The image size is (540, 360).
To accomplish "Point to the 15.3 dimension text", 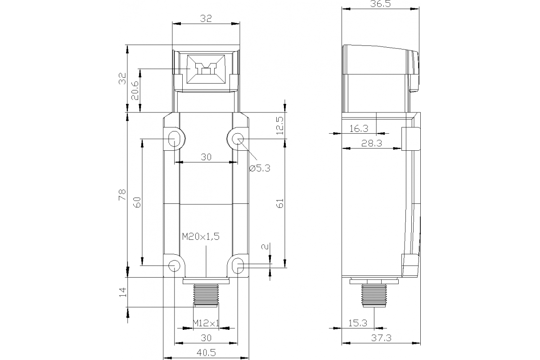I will pos(358,323).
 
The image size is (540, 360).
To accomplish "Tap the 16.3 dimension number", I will pos(359,129).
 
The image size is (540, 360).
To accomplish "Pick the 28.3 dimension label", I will pos(372,144).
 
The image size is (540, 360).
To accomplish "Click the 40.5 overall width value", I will pos(206,353).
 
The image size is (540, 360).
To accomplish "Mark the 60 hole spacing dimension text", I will pos(137,202).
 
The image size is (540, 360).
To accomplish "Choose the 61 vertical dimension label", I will pos(280,203).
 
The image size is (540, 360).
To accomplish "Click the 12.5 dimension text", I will pos(279,126).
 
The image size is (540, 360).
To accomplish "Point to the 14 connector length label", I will pos(122,292).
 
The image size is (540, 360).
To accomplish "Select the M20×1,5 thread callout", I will pos(200,237).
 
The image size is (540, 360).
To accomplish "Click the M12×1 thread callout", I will pos(206,323).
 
